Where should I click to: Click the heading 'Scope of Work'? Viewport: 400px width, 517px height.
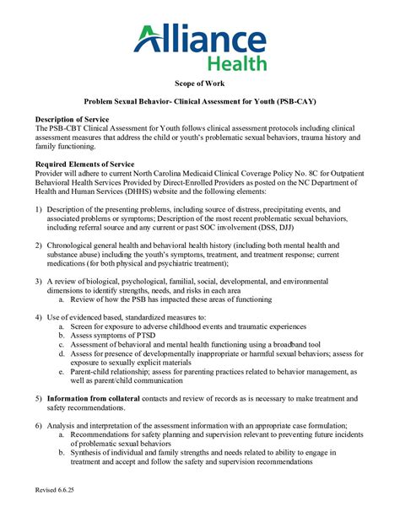click(199, 85)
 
